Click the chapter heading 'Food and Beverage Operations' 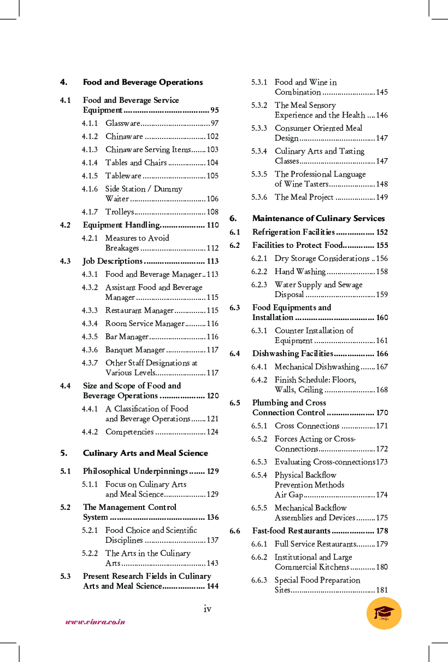coord(143,82)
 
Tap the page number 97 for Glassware coord(214,124)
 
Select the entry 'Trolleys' coord(120,212)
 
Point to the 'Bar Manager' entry coord(127,336)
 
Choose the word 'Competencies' coord(129,432)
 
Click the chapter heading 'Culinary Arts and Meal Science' coord(145,453)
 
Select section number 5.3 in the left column coord(66,576)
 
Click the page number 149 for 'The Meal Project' coord(382,197)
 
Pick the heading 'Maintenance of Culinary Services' coord(319,218)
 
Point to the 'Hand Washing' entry coord(300,271)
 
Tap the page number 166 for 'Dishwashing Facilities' coord(382,353)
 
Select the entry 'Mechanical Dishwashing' coord(317,367)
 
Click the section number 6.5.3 coord(259,462)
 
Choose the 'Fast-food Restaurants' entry coord(291,531)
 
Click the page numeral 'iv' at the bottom coord(208,608)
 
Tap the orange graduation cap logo coord(384,613)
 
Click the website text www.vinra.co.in coord(96,622)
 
